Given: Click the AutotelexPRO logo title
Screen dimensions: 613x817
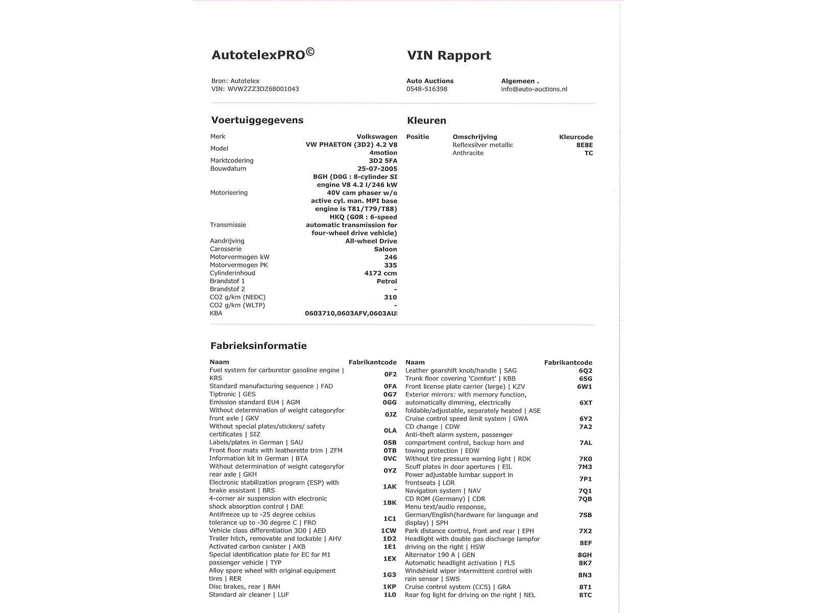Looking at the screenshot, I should (263, 55).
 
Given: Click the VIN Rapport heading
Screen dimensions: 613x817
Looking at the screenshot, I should (449, 56).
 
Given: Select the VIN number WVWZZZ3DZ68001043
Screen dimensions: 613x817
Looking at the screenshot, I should (263, 89).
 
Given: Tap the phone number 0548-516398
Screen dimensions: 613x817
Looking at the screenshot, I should (427, 89).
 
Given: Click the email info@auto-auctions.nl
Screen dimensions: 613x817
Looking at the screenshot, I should (534, 89).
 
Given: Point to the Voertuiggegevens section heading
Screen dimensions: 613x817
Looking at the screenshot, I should (257, 121).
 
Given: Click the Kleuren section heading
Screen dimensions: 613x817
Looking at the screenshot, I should (426, 121).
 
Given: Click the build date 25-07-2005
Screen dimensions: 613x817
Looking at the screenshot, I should (377, 169).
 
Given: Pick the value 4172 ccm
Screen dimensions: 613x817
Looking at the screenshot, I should (380, 273).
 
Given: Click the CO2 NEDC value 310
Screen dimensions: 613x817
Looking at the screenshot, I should (390, 297).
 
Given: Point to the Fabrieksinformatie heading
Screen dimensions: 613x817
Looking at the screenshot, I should (258, 346).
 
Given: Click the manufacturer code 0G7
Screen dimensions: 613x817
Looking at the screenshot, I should (390, 394).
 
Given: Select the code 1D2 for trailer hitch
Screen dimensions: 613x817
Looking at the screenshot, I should (389, 539).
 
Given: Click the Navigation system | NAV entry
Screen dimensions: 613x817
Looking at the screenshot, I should (443, 491).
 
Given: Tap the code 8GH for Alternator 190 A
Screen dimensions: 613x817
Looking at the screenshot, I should (585, 555).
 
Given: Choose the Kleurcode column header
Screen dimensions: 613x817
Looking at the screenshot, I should (576, 137).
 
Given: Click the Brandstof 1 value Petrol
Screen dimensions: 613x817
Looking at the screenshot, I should (387, 281).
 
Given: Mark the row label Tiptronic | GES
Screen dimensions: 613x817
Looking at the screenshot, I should (232, 394).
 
